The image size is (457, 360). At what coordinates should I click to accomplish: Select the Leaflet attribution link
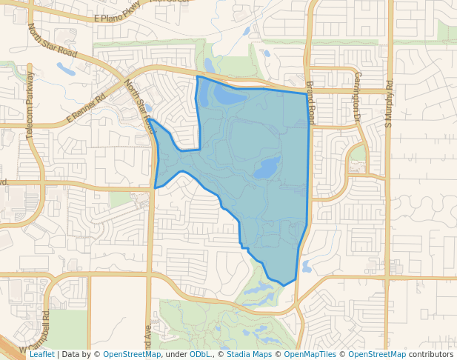[x=42, y=354]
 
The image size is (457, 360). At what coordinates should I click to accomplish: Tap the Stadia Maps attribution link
[x=249, y=354]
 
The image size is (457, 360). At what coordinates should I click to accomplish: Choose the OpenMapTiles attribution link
[x=312, y=354]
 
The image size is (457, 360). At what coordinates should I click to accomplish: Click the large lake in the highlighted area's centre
[x=267, y=170]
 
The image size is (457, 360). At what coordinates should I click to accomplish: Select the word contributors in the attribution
[x=430, y=354]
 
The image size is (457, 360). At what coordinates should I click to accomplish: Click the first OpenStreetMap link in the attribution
[x=132, y=354]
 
